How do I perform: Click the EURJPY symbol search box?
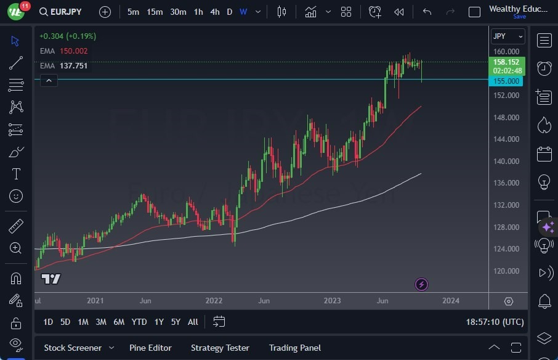(60, 12)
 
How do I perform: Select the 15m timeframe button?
(155, 12)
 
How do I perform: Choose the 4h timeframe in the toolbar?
(214, 12)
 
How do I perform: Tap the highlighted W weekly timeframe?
(243, 12)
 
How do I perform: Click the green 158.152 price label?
(506, 62)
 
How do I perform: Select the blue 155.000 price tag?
(506, 81)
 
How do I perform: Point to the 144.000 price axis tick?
(506, 139)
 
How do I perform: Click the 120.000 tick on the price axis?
(506, 271)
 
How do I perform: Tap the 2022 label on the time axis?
(214, 301)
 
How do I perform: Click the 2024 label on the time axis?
(450, 301)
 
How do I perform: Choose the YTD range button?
(139, 322)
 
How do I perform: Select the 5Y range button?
(176, 322)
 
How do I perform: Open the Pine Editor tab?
(150, 348)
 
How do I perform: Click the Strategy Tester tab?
(220, 348)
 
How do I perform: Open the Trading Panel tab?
(294, 348)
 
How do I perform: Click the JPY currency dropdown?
(507, 36)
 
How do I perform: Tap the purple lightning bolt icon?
(421, 284)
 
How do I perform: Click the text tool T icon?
(16, 174)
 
